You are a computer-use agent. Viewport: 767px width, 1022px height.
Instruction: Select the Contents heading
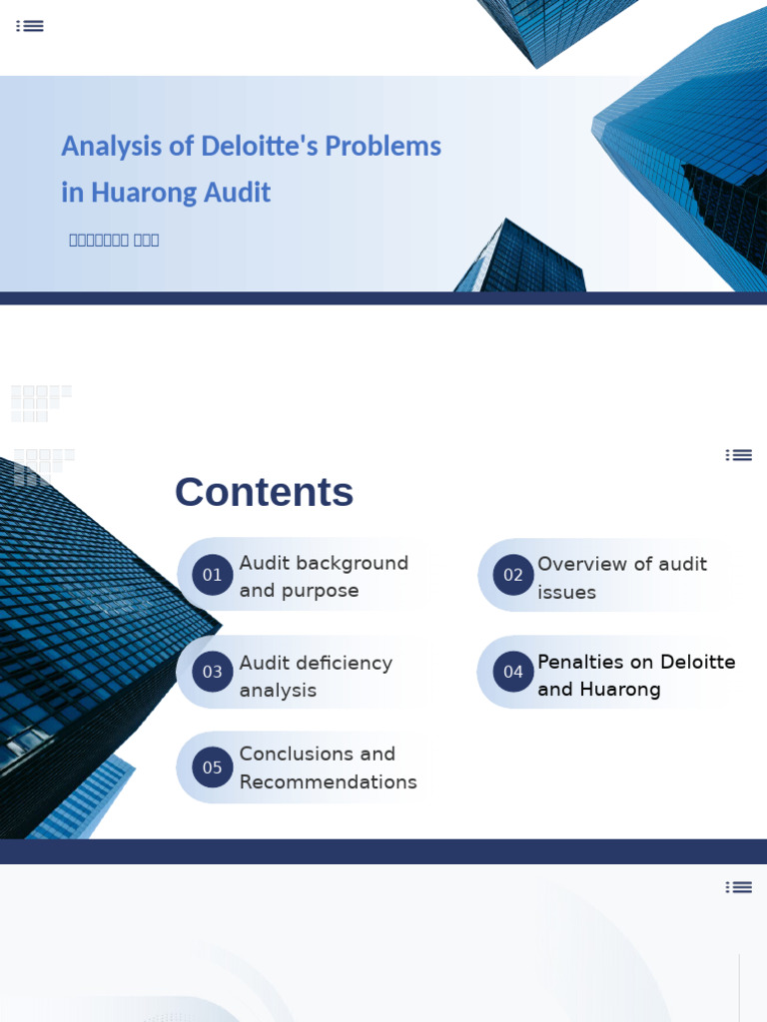click(264, 491)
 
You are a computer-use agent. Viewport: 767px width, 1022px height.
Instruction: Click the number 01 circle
click(213, 575)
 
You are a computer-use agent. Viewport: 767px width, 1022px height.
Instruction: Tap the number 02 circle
click(513, 575)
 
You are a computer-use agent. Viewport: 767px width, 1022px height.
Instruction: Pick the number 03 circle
click(213, 672)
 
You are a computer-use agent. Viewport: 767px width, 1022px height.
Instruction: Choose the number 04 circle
click(513, 672)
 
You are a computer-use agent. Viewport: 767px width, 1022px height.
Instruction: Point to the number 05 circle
click(213, 767)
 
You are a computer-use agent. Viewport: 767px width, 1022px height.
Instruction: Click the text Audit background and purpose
click(324, 577)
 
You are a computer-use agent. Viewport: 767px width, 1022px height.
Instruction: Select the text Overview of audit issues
click(621, 578)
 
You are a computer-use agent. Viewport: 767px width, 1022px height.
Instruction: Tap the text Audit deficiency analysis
click(316, 677)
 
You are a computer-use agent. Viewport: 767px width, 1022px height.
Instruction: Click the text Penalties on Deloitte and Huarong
click(636, 676)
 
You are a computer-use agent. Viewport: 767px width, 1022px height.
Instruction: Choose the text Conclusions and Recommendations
click(328, 767)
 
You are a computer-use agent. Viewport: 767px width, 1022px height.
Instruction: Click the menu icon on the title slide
click(30, 26)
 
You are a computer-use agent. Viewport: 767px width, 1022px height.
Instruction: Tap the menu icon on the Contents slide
click(739, 455)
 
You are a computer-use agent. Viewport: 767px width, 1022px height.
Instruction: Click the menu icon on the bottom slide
click(739, 887)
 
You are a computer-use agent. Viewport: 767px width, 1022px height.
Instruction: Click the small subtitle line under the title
click(114, 240)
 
